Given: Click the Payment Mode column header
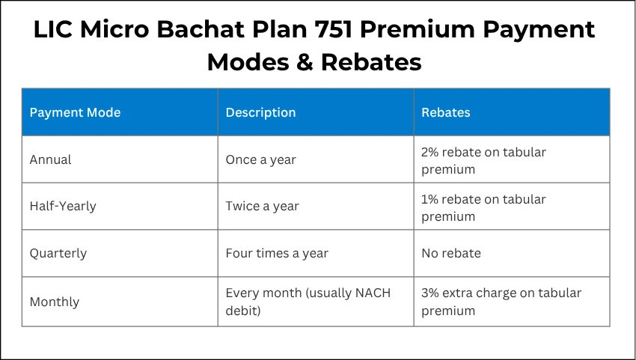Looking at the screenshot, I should point(75,112).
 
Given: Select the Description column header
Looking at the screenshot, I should point(260,112).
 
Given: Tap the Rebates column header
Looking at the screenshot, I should point(445,112).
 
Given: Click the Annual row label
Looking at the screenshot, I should point(50,159).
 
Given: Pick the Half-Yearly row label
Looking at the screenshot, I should point(63,206).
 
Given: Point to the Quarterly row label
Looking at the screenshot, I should point(58,253).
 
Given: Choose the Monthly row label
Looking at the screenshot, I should point(54,302).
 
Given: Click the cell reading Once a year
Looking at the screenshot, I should point(260,159).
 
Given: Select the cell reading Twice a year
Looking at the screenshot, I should point(262,206).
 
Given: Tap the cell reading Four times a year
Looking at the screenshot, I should point(276,253).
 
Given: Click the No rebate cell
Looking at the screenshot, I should point(450,253).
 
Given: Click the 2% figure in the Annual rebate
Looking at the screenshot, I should point(431,152).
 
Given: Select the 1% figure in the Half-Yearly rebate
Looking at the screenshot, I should point(431,199).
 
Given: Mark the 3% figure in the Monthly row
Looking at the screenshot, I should point(431,293).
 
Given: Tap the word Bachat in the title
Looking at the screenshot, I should point(183,30).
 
